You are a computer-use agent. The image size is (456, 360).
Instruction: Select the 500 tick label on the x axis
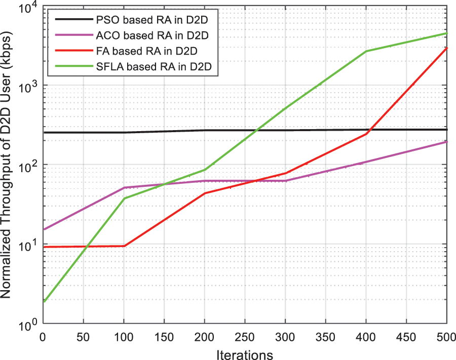(446, 336)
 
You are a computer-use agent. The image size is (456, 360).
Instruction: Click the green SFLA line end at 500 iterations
(446, 33)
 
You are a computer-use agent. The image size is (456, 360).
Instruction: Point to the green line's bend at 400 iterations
(366, 51)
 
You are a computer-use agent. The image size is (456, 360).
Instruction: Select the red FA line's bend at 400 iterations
(366, 134)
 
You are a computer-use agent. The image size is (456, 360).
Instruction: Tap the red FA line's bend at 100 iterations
(124, 246)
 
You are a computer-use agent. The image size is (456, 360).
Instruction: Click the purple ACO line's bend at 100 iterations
(124, 188)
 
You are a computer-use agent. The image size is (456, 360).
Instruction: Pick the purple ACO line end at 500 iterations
(446, 142)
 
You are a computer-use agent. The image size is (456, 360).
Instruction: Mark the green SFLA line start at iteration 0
(45, 302)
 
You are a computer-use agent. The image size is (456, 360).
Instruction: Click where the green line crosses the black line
(256, 130)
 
